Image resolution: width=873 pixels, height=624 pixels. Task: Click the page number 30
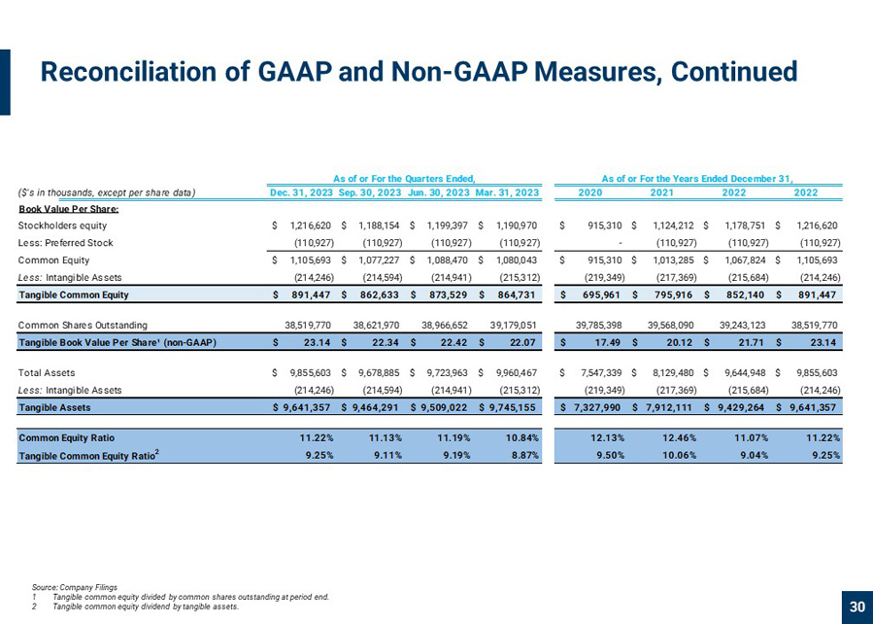(x=857, y=607)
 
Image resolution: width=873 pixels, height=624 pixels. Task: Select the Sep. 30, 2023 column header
(x=370, y=192)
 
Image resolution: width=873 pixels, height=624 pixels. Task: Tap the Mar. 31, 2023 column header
(x=507, y=192)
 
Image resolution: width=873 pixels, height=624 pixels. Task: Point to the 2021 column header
(x=662, y=192)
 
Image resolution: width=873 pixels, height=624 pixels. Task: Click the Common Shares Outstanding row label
(x=83, y=325)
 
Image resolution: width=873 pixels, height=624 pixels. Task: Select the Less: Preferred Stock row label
(x=66, y=243)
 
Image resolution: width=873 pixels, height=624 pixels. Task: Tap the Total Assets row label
(x=47, y=372)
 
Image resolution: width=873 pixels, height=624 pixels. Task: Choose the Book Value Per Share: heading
(x=69, y=210)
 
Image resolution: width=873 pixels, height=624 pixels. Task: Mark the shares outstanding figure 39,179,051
(x=514, y=325)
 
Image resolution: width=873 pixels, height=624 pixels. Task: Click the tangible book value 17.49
(x=608, y=343)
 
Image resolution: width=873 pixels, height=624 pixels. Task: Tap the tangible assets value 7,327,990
(x=597, y=407)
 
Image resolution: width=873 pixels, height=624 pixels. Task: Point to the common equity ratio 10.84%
(x=523, y=438)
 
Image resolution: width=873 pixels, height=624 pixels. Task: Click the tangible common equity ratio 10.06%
(x=675, y=455)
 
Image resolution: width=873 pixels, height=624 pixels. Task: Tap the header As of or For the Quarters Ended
(x=404, y=178)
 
